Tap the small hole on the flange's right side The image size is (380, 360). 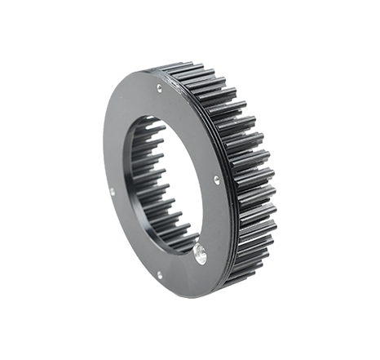pos(214,178)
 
